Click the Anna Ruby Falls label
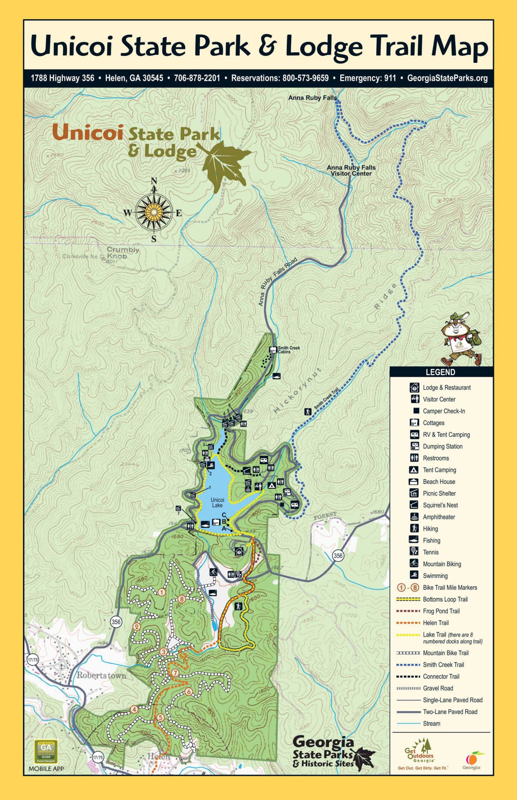coord(312,98)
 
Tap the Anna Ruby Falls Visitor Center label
coord(351,170)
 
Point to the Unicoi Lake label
coord(217,502)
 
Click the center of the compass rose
coord(154,212)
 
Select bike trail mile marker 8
coord(182,599)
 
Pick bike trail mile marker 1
coord(162,592)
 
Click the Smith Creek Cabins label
coord(288,350)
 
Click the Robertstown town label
coord(101,675)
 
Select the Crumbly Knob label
coord(123,253)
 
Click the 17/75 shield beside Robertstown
coord(32,660)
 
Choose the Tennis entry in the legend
coord(430,552)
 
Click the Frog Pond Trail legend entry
coord(441,611)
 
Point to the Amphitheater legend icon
coord(414,517)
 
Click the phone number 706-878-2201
coord(197,78)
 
